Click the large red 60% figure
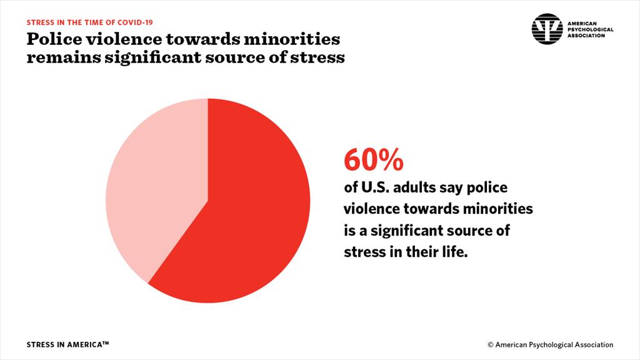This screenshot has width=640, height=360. [373, 161]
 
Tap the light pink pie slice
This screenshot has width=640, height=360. [156, 187]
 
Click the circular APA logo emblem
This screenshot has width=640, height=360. [547, 29]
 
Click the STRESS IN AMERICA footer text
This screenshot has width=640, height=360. [68, 344]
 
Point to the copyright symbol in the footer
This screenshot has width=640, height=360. [491, 344]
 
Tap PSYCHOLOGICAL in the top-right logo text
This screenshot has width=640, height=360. [590, 29]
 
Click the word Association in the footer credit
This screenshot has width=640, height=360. [591, 344]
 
